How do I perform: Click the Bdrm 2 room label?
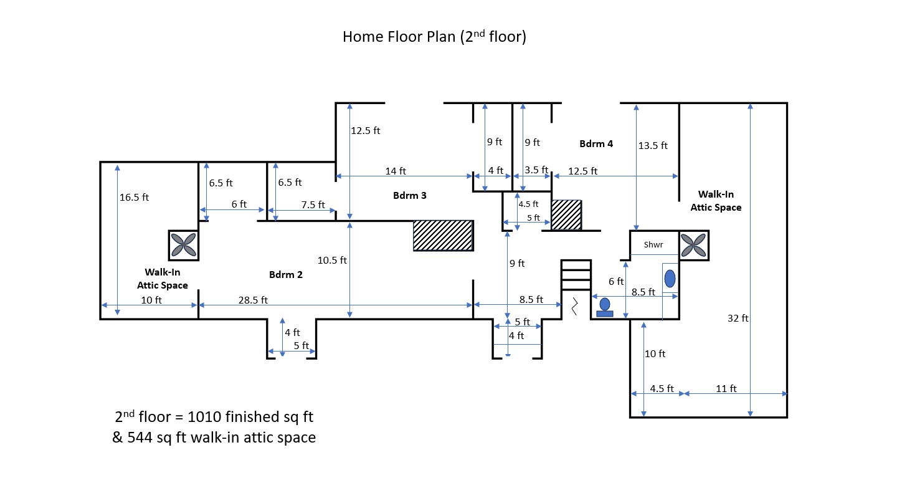(x=286, y=274)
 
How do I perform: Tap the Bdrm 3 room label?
(x=409, y=196)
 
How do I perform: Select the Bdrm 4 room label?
(x=596, y=144)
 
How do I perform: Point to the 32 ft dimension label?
(x=738, y=319)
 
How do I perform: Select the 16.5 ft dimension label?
(x=135, y=197)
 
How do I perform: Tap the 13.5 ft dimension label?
(x=653, y=146)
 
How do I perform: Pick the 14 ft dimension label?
(x=396, y=171)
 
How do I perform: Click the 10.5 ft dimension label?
(x=332, y=261)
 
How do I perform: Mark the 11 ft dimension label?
(x=726, y=388)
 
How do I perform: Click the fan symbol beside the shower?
(x=693, y=245)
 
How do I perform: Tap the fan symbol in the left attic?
(x=184, y=245)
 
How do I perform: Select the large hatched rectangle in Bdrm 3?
(x=443, y=236)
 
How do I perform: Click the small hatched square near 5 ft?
(x=566, y=215)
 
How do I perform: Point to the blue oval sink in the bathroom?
(x=670, y=279)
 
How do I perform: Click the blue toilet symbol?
(x=604, y=307)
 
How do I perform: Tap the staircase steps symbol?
(x=576, y=275)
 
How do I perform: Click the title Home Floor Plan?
(x=434, y=37)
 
